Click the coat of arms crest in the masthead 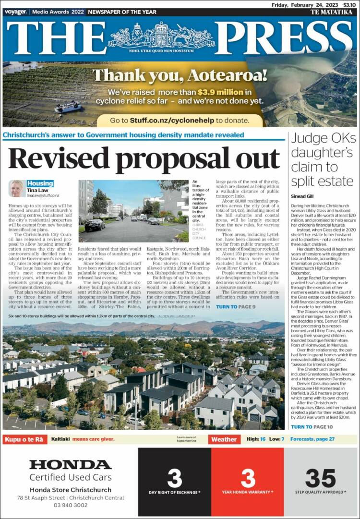[x=161, y=36]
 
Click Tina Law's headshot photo [x=16, y=189]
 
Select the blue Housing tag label [x=40, y=183]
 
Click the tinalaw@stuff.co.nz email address [x=43, y=195]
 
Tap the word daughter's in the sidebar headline [x=322, y=153]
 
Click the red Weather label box [x=224, y=439]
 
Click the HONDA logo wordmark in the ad [x=70, y=465]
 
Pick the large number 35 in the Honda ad [x=320, y=478]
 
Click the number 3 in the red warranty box [x=248, y=478]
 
